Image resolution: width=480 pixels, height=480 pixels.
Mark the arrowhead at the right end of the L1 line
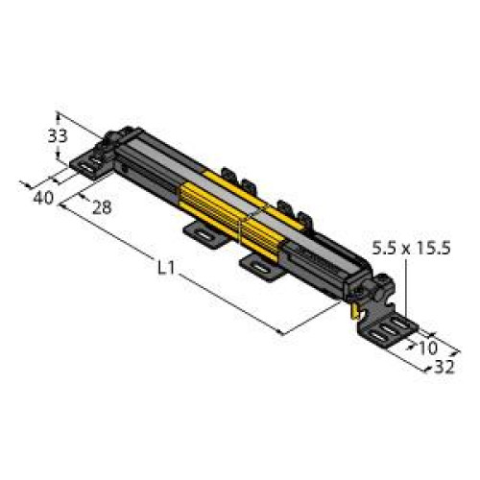281,333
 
